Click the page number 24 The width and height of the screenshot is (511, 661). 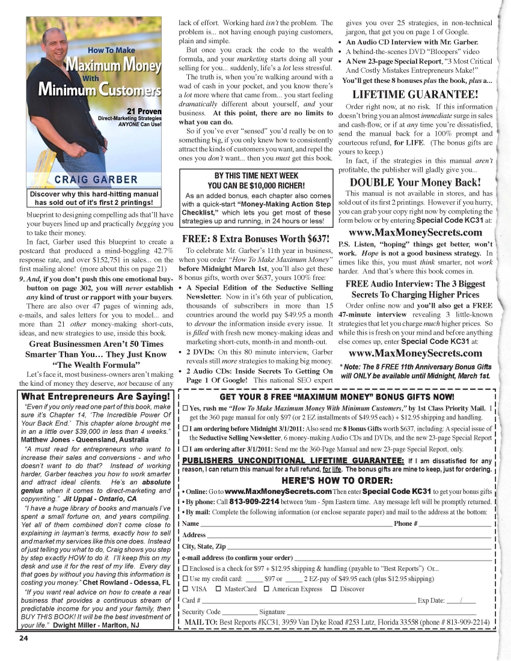click(23, 638)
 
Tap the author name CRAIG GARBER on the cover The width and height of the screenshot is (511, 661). click(96, 180)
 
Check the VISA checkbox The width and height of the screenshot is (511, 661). click(185, 589)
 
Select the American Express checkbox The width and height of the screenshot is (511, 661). click(266, 589)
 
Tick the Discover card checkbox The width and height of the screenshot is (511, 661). click(334, 589)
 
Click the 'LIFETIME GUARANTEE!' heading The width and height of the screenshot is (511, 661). click(415, 94)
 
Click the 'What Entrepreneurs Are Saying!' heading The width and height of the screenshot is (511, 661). click(96, 397)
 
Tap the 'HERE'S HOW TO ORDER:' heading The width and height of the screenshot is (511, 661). click(337, 480)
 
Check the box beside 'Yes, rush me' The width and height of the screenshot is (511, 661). click(185, 409)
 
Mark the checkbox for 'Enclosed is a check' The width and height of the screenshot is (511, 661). click(185, 568)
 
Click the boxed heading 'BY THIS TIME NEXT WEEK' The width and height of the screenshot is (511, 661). click(257, 175)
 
